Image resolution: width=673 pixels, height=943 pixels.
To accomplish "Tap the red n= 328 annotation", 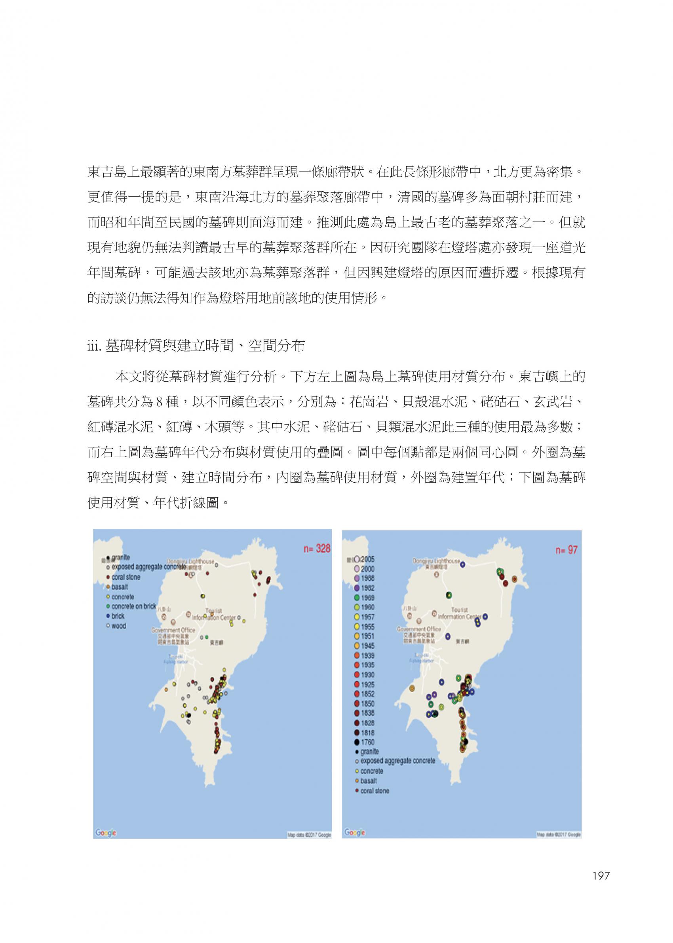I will point(316,549).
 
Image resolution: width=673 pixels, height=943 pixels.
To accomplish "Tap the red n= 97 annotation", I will point(566,550).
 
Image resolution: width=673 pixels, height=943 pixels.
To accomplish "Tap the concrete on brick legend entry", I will point(131,606).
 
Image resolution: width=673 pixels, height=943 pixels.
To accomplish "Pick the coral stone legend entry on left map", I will point(124,577).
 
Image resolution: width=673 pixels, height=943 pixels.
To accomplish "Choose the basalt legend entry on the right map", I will point(366,781).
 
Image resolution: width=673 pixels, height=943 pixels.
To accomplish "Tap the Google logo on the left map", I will point(106,833).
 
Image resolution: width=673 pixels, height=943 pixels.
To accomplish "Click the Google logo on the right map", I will point(355,833).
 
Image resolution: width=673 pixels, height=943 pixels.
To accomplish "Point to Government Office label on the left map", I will point(173,631).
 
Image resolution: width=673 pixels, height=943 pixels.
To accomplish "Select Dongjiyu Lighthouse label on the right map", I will point(436,561).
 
